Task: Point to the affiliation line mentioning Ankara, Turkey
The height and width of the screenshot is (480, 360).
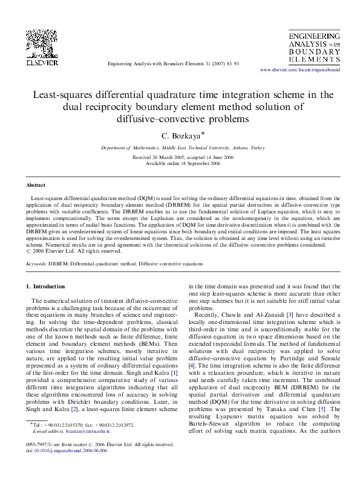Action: click(x=180, y=147)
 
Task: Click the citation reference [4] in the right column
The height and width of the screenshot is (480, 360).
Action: click(x=192, y=366)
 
